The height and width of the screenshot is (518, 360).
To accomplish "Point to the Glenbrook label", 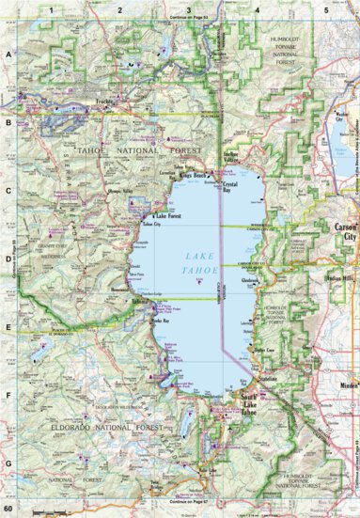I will point(250,278).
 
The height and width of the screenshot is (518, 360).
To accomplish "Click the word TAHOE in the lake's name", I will point(186,269).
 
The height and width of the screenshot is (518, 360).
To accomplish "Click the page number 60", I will point(8,509).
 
